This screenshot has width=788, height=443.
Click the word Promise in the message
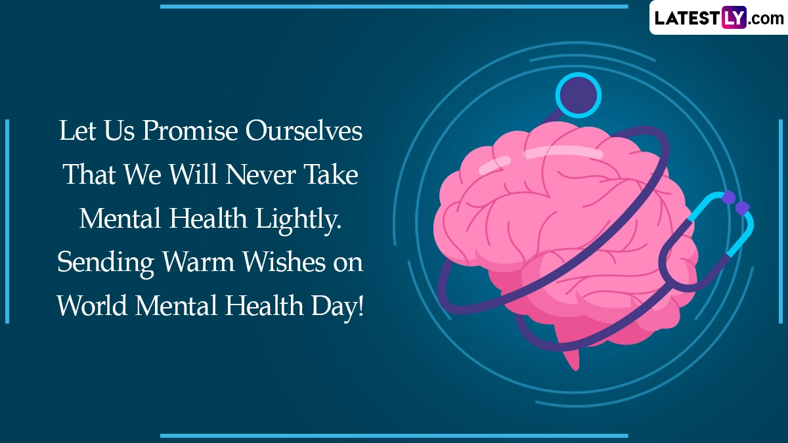[x=190, y=131]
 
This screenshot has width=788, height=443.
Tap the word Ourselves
[x=304, y=131]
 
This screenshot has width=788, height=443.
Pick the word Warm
[x=198, y=263]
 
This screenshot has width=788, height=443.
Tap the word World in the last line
[x=92, y=305]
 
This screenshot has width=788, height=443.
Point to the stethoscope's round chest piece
[x=579, y=95]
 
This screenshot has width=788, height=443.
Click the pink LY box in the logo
[x=734, y=17]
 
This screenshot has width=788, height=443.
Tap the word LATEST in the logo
[x=688, y=18]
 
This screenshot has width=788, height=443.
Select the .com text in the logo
[x=766, y=19]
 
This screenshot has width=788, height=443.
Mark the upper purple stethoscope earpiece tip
[x=729, y=198]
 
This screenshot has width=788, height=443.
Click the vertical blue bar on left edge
[x=7, y=222]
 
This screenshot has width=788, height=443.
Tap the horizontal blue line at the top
[x=394, y=7]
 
